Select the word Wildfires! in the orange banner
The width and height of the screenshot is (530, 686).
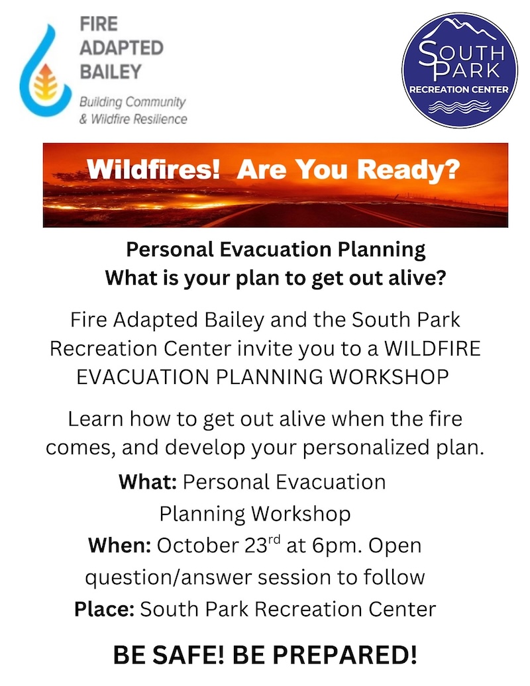153,168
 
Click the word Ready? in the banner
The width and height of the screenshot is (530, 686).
409,169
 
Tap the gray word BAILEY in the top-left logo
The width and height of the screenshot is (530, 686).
111,72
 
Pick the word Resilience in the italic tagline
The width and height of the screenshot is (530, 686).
160,119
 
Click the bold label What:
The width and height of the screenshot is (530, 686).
148,481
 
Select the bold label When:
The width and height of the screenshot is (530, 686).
119,545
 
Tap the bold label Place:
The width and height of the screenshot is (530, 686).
104,609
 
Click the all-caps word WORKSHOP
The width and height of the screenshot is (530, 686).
389,377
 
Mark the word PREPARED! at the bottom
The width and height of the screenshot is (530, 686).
325,655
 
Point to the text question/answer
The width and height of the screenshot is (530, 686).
168,578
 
